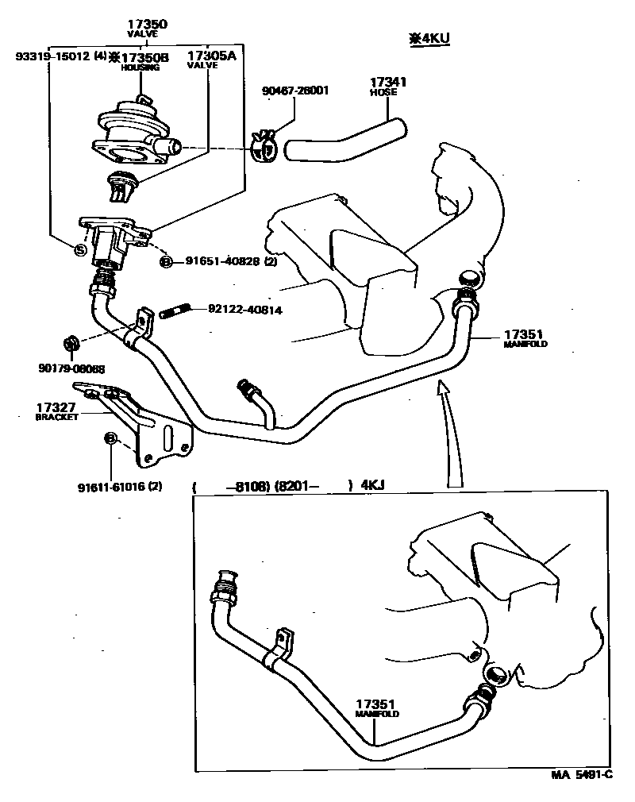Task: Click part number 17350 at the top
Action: point(148,25)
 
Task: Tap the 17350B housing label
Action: point(144,57)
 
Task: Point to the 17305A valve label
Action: point(211,56)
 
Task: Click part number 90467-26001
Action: point(295,90)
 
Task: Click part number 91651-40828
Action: point(224,261)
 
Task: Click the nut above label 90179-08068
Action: point(69,344)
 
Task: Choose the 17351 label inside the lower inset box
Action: point(375,704)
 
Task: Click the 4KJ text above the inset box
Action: point(372,486)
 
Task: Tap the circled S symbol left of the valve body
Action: point(80,249)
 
